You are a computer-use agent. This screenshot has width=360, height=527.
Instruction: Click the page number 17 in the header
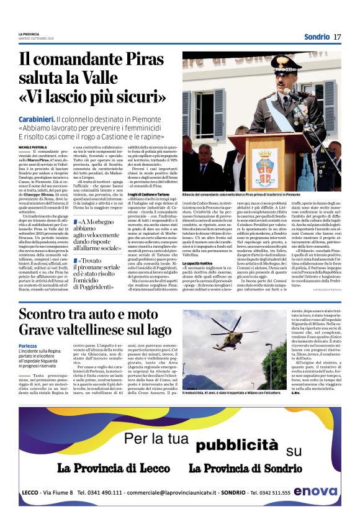[x=337, y=37]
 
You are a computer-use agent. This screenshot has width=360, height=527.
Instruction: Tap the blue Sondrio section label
[x=316, y=37]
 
